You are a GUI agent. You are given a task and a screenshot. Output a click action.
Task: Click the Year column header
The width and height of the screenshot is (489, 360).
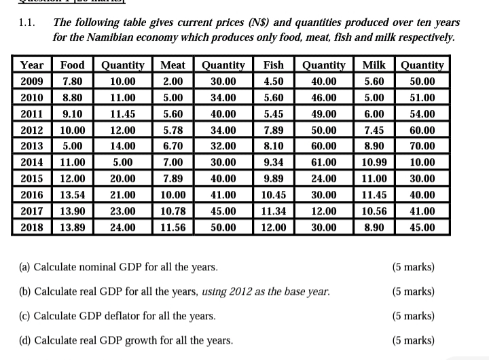click(x=32, y=65)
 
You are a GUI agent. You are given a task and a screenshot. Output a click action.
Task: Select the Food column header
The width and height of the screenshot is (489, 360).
click(x=73, y=65)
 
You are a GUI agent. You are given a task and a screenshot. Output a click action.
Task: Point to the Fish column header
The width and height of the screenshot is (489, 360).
click(x=273, y=65)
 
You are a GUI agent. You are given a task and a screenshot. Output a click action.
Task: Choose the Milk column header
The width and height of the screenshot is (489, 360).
click(x=374, y=65)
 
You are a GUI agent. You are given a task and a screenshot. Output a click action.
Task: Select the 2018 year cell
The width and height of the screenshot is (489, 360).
click(x=32, y=228)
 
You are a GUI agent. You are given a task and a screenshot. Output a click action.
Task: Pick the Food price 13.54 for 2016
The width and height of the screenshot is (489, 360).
click(x=73, y=195)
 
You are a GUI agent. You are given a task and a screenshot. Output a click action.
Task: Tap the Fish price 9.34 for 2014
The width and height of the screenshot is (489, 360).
click(x=273, y=162)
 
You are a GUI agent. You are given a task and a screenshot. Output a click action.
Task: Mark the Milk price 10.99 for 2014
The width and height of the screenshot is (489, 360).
click(x=374, y=162)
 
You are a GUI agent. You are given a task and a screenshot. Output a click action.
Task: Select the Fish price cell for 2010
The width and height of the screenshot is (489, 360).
click(x=273, y=98)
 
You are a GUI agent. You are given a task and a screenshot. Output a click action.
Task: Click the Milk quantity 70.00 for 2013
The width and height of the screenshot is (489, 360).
click(x=422, y=146)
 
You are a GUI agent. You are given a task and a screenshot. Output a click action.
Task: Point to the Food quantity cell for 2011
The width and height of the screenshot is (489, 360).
click(x=123, y=114)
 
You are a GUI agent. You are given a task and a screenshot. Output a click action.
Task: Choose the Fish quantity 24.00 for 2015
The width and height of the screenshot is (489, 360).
click(x=323, y=179)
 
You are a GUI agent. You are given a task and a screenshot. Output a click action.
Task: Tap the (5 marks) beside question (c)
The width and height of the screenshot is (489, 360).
click(x=414, y=316)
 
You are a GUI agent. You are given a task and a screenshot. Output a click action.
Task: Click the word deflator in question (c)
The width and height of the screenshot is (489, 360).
click(x=120, y=316)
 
